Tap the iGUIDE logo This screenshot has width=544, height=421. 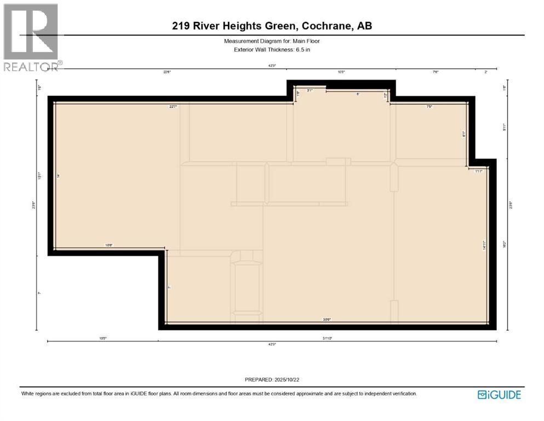click(x=499, y=395)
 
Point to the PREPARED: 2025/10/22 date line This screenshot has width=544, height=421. click(x=272, y=380)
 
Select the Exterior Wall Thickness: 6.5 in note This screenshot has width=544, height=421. click(x=272, y=50)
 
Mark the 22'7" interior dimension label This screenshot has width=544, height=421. click(x=173, y=107)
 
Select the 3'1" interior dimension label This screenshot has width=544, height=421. click(x=310, y=91)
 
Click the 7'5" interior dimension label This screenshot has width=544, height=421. click(x=430, y=107)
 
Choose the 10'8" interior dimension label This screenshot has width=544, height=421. click(x=108, y=246)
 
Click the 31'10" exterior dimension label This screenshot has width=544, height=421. click(x=327, y=338)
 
